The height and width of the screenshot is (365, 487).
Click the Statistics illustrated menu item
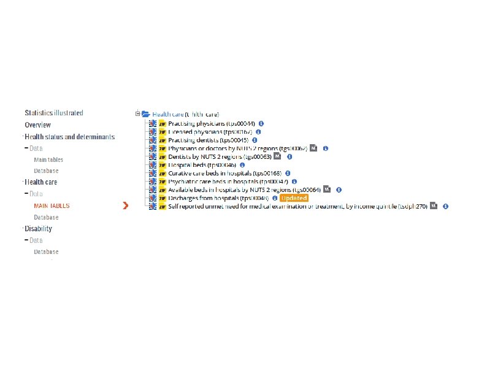(x=54, y=113)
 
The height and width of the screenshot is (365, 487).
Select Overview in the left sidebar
(x=37, y=125)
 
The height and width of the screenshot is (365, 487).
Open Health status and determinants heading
(x=70, y=137)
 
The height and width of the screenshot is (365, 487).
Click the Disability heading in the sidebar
(x=38, y=229)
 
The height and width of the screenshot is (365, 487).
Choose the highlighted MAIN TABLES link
(x=52, y=206)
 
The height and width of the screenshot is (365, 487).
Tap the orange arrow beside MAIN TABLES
(x=126, y=206)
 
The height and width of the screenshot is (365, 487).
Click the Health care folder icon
(x=146, y=114)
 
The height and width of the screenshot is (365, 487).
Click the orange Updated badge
(x=294, y=198)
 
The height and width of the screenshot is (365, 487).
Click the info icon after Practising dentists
(x=255, y=140)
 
